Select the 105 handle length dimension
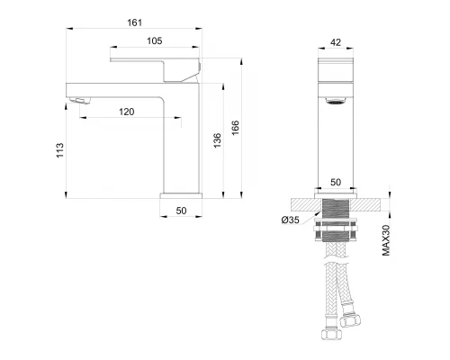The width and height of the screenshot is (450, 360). coord(154,41)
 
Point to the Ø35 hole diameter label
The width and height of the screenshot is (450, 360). coord(290,220)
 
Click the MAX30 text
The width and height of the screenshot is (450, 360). coord(385,239)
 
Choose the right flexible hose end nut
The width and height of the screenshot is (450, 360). coord(349,321)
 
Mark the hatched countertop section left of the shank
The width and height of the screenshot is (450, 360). coord(301,202)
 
